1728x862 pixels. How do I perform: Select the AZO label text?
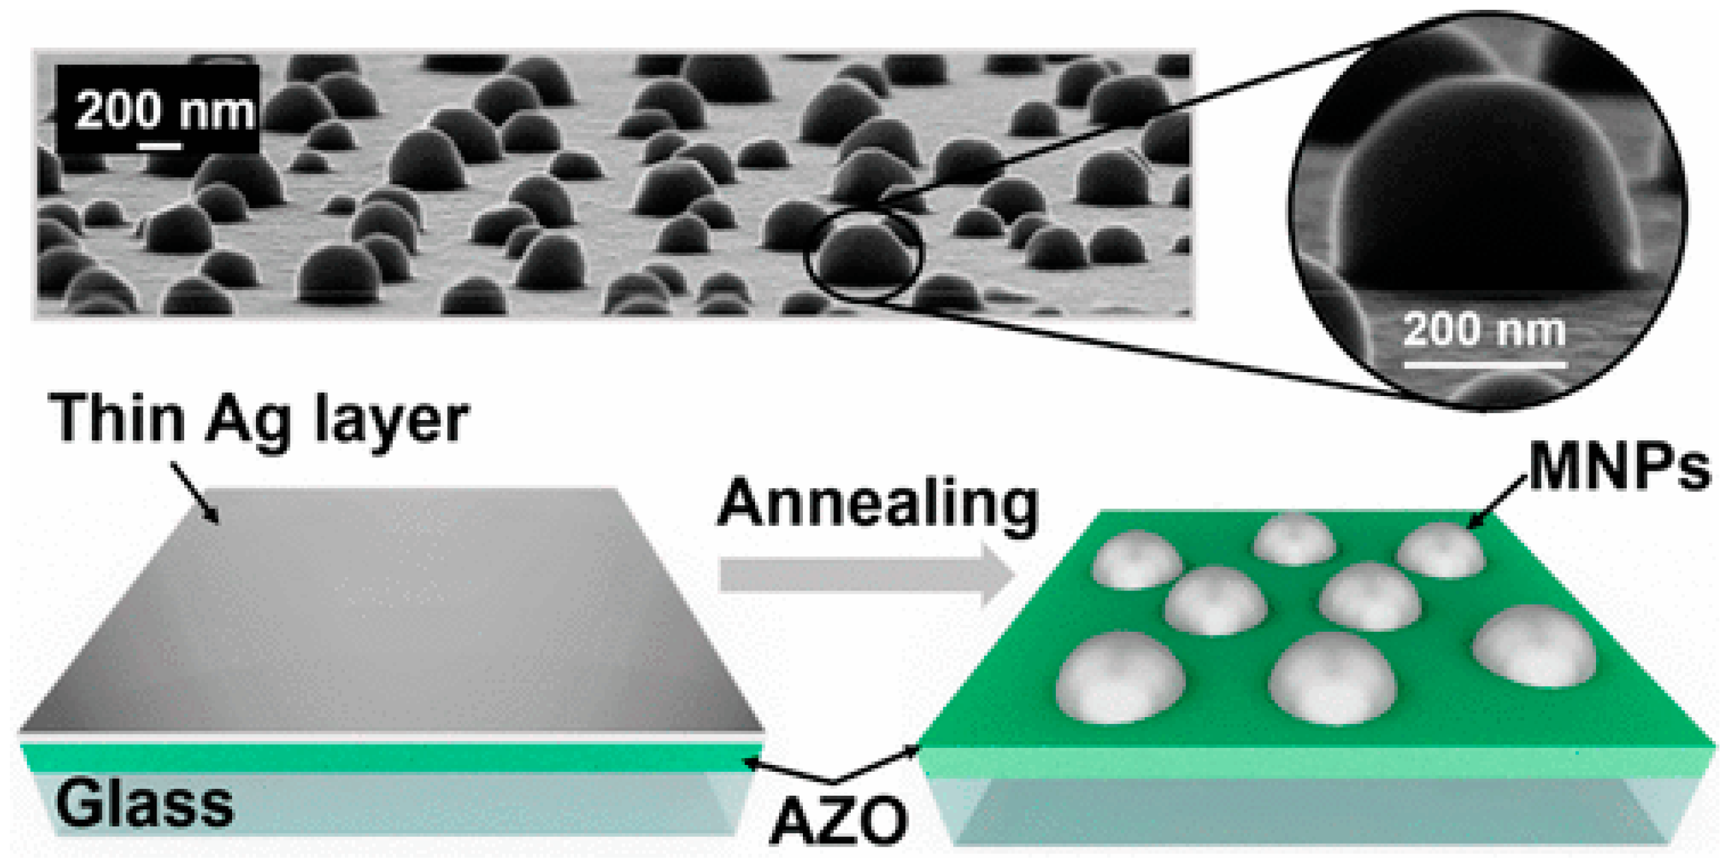839,821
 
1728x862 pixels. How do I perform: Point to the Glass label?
144,804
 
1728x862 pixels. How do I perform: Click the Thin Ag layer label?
258,419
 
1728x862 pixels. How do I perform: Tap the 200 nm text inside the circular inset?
1484,330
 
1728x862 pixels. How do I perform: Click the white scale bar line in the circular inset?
1484,365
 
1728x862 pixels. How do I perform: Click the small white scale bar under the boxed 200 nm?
160,145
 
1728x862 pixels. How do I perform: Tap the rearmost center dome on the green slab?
1295,538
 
